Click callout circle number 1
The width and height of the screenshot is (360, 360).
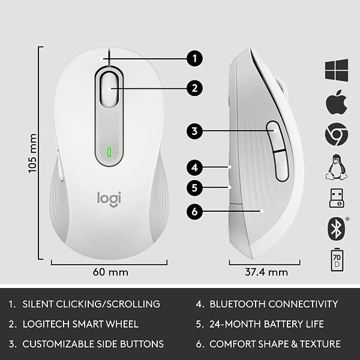193,59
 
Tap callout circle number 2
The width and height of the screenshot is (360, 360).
193,88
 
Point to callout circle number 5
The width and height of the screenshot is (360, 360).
193,187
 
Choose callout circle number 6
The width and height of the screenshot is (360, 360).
193,211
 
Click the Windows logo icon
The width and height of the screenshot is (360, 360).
337,71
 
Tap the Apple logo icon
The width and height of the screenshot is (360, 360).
337,103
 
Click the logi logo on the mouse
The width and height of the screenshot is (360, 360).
109,198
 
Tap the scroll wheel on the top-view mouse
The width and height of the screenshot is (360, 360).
109,89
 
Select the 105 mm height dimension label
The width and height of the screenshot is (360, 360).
34,154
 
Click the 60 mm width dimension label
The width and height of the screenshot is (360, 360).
110,272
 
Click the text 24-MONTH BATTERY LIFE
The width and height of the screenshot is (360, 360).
266,324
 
